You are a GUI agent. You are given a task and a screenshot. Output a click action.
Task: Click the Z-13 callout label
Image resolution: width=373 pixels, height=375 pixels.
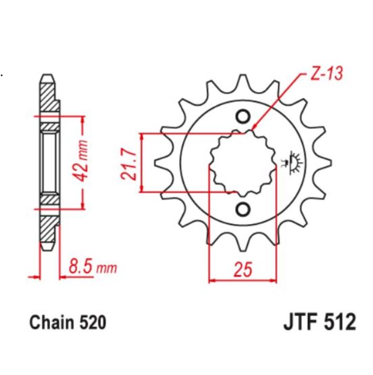pyautogui.click(x=325, y=74)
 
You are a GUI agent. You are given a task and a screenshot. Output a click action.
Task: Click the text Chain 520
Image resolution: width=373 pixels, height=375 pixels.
pyautogui.click(x=68, y=322)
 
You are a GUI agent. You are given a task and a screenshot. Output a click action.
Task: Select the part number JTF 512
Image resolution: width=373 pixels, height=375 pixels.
pyautogui.click(x=315, y=321)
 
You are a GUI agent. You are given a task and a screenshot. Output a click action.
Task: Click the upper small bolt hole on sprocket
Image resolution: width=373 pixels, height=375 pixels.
pyautogui.click(x=243, y=116)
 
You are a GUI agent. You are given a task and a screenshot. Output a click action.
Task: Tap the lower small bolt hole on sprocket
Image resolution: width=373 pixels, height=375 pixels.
pyautogui.click(x=243, y=210)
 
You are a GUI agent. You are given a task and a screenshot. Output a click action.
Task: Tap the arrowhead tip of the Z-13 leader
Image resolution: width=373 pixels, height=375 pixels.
pyautogui.click(x=253, y=129)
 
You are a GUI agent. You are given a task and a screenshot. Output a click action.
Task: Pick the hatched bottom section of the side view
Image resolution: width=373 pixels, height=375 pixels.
pyautogui.click(x=47, y=228)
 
